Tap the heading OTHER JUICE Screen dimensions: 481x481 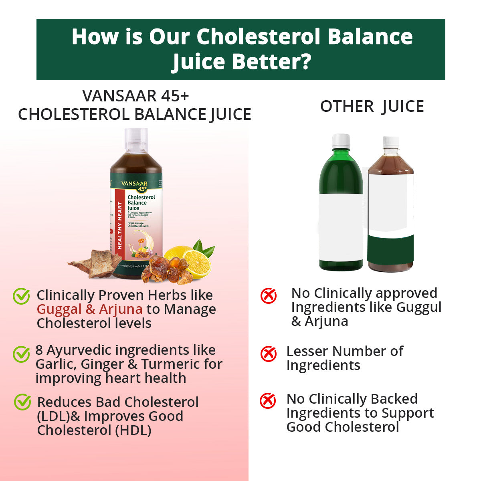[372, 107]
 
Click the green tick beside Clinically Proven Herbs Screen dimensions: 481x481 [21, 296]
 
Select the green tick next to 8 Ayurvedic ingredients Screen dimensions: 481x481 [21, 354]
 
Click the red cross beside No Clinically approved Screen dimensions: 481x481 [268, 296]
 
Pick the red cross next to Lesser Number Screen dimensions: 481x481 [268, 354]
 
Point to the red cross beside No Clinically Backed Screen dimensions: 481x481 [268, 401]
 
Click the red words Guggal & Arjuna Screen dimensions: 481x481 [89, 309]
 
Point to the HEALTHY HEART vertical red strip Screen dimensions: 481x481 [119, 224]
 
